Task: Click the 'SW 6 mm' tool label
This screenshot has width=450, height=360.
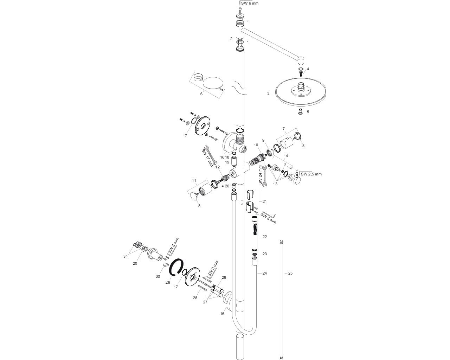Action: (250, 3)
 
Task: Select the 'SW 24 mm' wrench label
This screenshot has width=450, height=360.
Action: (261, 175)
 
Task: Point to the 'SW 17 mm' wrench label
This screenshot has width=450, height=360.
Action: (207, 157)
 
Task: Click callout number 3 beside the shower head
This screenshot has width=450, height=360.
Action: (268, 93)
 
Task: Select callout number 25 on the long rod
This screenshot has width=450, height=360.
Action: (290, 273)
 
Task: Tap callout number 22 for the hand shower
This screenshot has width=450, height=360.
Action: (264, 237)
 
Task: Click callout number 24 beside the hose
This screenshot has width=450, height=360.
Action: (264, 273)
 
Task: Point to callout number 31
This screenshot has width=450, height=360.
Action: (126, 256)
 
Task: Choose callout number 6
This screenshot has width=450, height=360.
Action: (201, 94)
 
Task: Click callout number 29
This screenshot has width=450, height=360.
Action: (168, 282)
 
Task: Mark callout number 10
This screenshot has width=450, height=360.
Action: (256, 145)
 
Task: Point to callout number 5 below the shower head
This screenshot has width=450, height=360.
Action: (308, 112)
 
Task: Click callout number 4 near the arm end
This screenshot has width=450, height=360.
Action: (308, 69)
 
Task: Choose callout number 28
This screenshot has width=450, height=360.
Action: (195, 298)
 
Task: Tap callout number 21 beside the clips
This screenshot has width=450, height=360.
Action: (264, 201)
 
